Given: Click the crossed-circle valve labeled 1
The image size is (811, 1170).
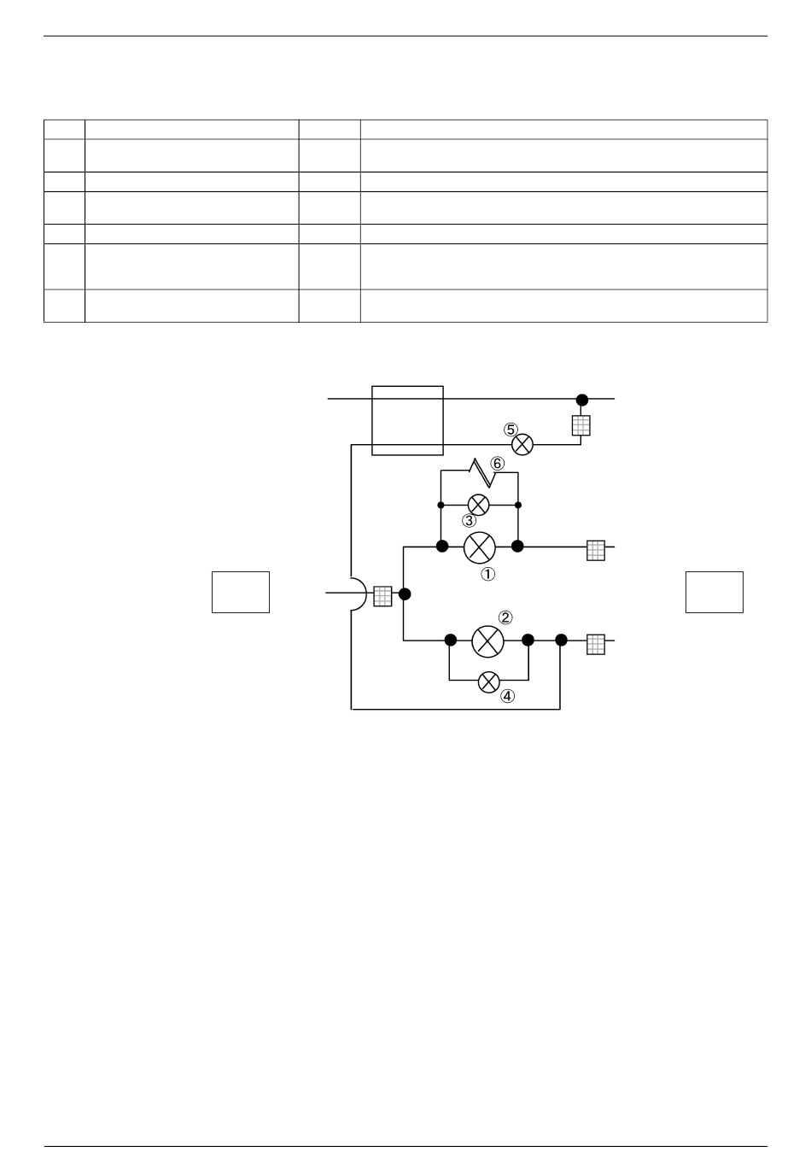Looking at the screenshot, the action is [x=480, y=547].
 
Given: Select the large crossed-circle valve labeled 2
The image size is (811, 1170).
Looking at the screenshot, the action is [x=488, y=641].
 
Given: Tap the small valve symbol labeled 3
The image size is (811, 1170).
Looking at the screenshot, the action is [x=478, y=505].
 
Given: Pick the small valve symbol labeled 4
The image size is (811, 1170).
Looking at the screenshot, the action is [x=488, y=682].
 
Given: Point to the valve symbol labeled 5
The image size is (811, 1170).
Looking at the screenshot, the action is [x=522, y=444].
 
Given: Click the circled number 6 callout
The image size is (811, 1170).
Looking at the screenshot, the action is [x=497, y=464].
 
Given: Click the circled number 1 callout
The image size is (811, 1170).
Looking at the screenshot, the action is [x=487, y=575].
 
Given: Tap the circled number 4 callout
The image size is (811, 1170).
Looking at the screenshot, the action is [x=507, y=696].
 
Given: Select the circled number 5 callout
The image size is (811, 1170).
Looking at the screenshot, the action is [x=511, y=430].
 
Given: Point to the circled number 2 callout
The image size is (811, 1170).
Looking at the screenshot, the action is [x=505, y=617].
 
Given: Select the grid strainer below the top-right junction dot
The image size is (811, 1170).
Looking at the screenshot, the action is [x=581, y=425].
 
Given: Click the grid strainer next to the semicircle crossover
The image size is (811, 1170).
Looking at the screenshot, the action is [x=383, y=596].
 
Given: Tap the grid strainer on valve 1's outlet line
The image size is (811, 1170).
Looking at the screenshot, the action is [x=596, y=551].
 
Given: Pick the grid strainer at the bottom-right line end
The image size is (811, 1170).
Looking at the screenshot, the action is [x=596, y=645].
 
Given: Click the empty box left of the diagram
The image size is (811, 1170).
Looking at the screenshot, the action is [x=241, y=592].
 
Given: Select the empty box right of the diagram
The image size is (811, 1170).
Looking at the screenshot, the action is [x=715, y=592].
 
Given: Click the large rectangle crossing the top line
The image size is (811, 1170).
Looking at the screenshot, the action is [x=407, y=420].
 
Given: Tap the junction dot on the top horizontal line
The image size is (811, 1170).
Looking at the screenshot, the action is [x=582, y=400].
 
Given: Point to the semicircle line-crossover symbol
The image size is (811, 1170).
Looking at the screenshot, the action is [x=359, y=593].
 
